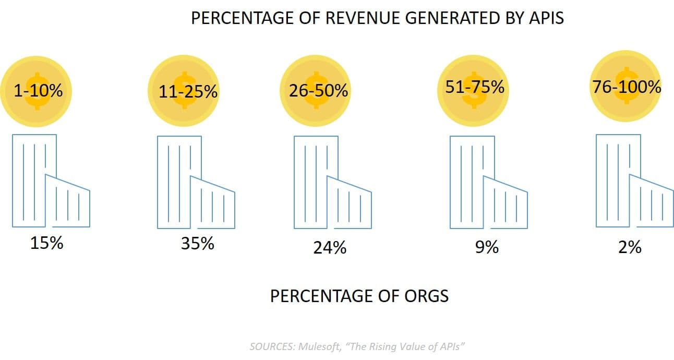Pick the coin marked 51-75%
click(x=474, y=87)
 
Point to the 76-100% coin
click(x=627, y=86)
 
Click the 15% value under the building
click(x=46, y=243)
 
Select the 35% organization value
click(x=197, y=243)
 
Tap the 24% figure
click(x=330, y=247)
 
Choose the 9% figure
click(x=486, y=247)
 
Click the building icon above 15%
click(x=51, y=181)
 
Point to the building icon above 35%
click(x=196, y=182)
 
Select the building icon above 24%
click(x=333, y=182)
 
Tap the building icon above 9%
click(x=488, y=182)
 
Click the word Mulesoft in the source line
click(x=319, y=346)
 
